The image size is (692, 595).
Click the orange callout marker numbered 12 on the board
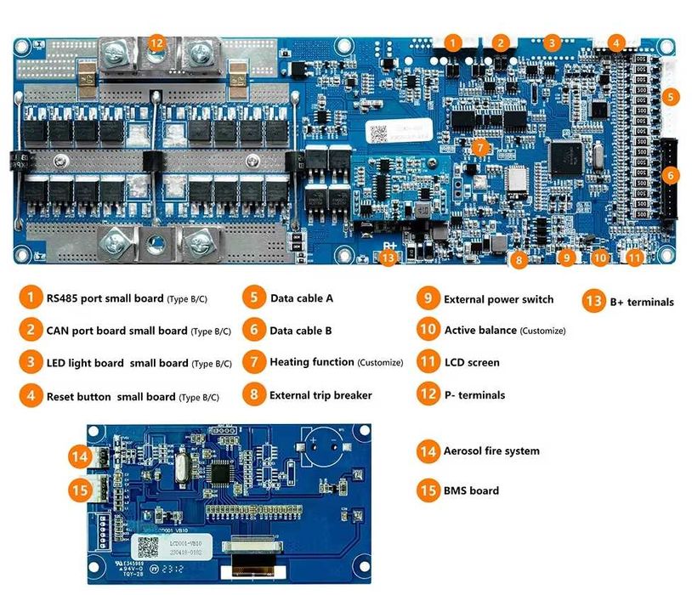[156, 42]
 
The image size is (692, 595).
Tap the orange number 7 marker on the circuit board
[481, 147]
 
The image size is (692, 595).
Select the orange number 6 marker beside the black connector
[671, 175]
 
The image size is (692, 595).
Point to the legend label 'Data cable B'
[301, 331]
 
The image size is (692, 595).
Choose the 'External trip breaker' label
[320, 395]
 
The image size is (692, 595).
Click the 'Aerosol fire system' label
[491, 450]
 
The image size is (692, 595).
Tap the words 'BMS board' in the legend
[471, 490]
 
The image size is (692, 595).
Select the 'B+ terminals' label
[641, 302]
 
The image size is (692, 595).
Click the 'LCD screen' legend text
[472, 363]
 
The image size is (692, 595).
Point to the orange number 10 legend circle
[428, 331]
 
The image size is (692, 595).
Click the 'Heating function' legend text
[311, 363]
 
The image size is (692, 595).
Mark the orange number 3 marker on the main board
[552, 42]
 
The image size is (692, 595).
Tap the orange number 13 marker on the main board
[389, 256]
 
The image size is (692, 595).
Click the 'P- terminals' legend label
[474, 395]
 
